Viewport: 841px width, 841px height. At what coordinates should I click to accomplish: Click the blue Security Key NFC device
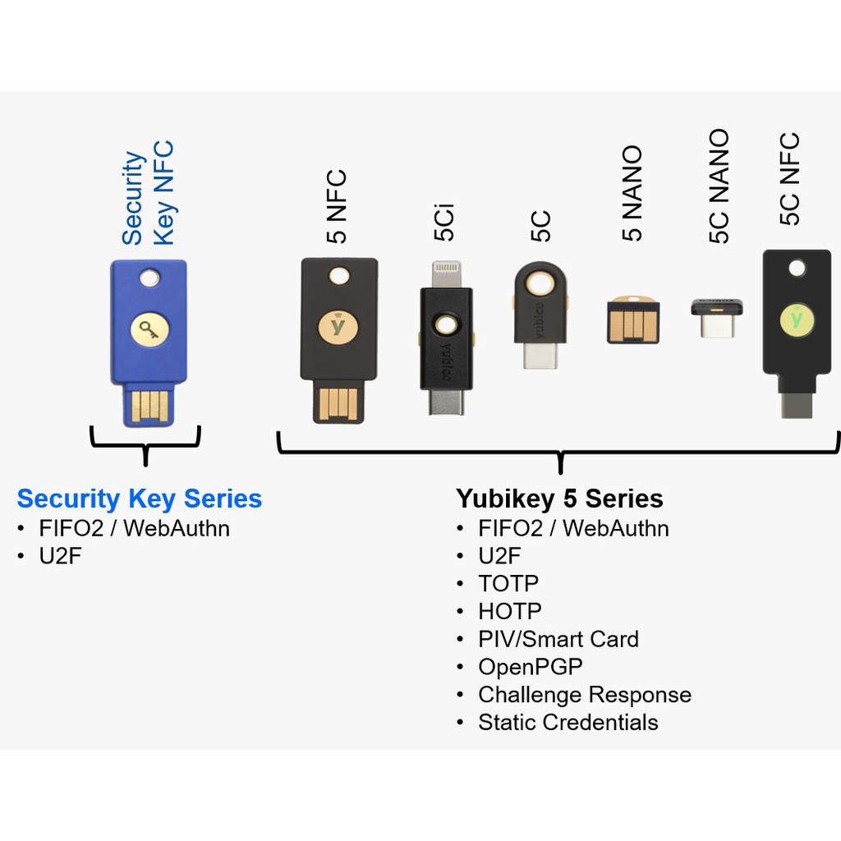click(149, 343)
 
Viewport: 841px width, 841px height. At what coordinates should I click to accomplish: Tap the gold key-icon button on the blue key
click(149, 329)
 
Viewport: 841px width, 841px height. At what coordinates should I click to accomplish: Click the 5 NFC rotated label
click(337, 206)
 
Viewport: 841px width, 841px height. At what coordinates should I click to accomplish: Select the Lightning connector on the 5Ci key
click(446, 274)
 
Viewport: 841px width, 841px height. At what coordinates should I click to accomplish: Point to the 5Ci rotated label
click(444, 222)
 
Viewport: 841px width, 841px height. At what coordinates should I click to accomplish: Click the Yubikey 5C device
click(540, 315)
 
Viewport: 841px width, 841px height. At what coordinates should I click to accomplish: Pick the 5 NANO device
click(633, 319)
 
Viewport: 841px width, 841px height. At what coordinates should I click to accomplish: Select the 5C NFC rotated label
click(789, 178)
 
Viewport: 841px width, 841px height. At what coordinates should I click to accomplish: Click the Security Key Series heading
click(140, 499)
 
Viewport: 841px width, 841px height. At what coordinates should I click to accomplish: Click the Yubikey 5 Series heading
click(559, 499)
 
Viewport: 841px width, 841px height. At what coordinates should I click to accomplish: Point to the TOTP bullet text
click(508, 584)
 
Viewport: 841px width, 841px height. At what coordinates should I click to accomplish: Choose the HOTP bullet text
click(510, 611)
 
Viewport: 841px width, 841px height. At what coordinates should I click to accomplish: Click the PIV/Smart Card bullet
click(558, 639)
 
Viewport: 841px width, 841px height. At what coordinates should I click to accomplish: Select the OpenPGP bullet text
click(531, 667)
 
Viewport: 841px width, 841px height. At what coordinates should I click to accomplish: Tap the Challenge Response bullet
click(585, 695)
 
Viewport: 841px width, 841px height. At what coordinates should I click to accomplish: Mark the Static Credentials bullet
click(568, 723)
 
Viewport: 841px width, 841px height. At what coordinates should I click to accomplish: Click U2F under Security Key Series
click(60, 556)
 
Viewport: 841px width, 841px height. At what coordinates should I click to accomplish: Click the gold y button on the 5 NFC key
click(338, 327)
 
